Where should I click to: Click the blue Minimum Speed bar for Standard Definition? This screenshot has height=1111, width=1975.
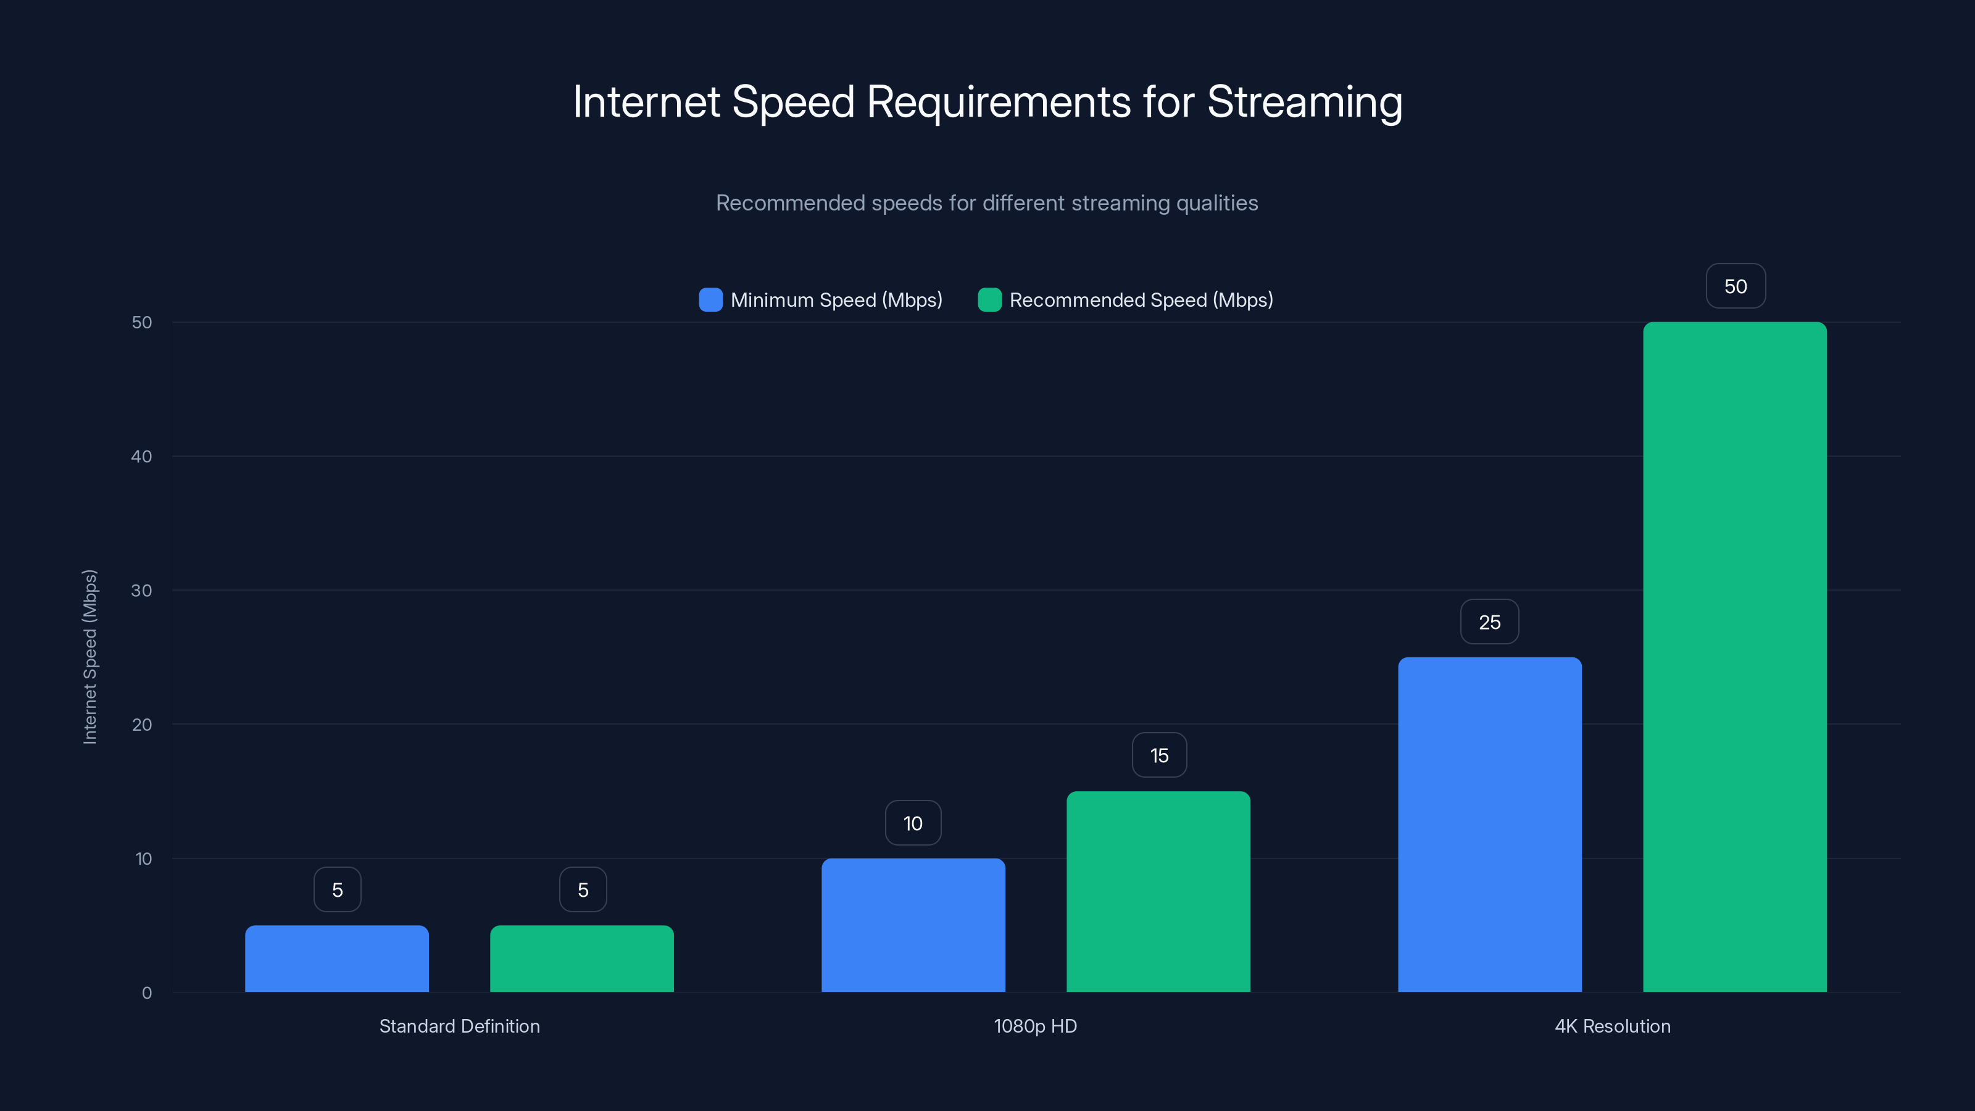click(x=336, y=959)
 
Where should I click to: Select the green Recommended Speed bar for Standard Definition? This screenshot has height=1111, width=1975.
click(x=582, y=959)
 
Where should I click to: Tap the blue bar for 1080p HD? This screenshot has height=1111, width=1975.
click(x=913, y=925)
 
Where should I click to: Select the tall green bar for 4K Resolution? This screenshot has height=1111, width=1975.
click(x=1735, y=657)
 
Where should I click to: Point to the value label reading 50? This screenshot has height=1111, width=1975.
click(x=1736, y=286)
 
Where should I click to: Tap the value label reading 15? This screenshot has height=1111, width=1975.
click(x=1159, y=755)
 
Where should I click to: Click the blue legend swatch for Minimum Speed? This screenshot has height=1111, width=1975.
click(x=711, y=300)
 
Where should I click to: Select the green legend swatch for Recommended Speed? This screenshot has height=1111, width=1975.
click(x=990, y=300)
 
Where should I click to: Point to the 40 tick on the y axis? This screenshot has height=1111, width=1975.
click(x=142, y=456)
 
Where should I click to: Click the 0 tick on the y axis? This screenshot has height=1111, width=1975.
click(x=146, y=993)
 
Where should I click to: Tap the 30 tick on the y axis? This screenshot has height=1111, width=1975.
click(x=142, y=591)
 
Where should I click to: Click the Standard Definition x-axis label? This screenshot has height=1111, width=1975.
click(x=459, y=1026)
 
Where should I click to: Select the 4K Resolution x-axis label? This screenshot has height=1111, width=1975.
click(x=1612, y=1026)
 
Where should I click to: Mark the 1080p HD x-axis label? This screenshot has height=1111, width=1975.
click(x=1035, y=1026)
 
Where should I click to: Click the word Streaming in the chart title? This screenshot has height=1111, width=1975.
click(x=1305, y=102)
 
